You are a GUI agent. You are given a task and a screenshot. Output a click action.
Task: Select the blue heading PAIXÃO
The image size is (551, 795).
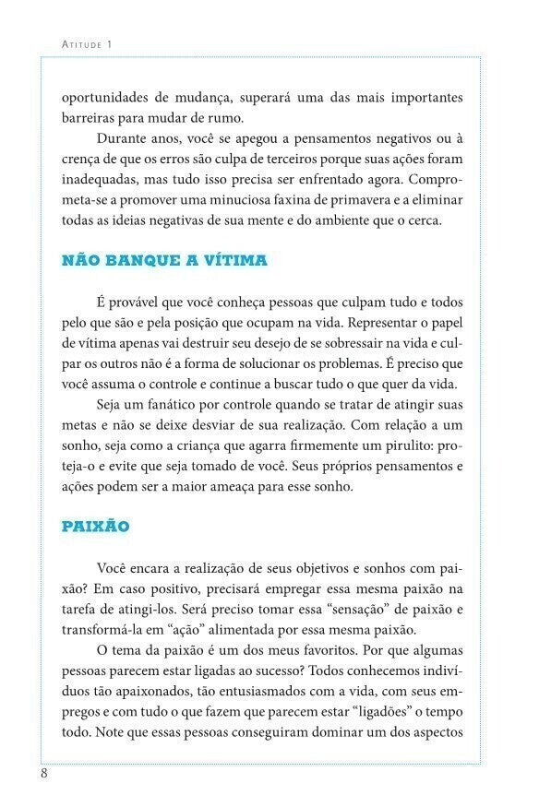pos(95,527)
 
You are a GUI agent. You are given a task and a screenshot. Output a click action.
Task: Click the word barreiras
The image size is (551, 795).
pos(90,118)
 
